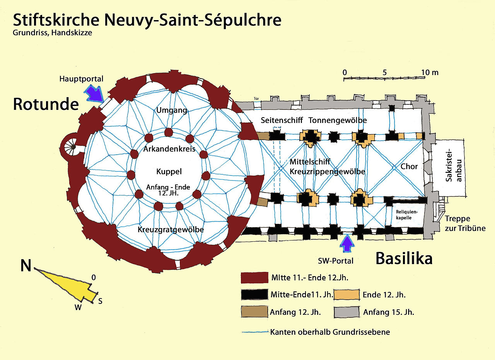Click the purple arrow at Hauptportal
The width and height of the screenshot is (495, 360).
[x=94, y=93]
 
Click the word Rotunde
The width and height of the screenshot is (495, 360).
[x=46, y=104]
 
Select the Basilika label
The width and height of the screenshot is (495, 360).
[x=404, y=259]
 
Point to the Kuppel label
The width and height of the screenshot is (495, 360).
[x=169, y=171]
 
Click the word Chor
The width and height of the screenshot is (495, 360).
[x=409, y=167]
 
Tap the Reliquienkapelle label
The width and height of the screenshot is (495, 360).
[x=404, y=215]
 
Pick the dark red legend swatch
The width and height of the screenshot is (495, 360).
[x=254, y=278]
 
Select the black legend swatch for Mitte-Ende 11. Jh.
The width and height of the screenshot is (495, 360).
[x=254, y=295]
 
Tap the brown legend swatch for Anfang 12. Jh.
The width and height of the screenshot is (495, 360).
[x=254, y=312]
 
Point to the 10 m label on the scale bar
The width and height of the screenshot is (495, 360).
[x=430, y=72]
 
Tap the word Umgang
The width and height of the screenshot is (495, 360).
[x=172, y=111]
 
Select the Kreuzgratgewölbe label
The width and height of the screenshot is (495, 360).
[x=171, y=230]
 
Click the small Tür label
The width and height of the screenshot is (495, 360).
[x=256, y=99]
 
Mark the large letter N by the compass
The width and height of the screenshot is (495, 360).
[x=26, y=266]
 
